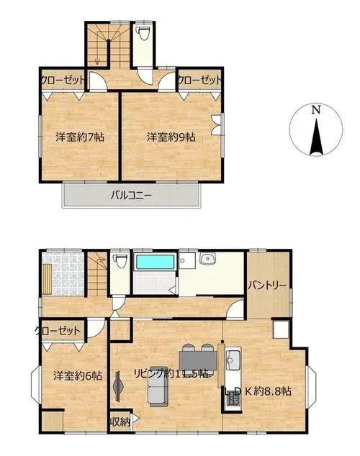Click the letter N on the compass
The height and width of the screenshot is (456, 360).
(316, 110)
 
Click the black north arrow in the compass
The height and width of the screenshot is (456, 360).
(316, 137)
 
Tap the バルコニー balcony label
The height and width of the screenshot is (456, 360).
(131, 195)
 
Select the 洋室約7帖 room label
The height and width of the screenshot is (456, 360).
(80, 137)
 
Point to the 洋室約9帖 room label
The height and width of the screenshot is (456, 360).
(171, 137)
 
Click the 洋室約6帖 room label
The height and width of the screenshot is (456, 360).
(78, 375)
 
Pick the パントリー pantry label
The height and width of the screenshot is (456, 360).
(267, 286)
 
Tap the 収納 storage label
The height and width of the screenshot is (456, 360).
(120, 422)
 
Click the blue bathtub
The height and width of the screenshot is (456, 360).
(156, 262)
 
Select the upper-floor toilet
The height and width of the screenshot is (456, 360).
(143, 33)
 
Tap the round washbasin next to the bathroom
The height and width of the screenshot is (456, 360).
(207, 258)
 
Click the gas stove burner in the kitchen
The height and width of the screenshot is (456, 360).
(233, 401)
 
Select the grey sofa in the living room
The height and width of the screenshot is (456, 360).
(158, 386)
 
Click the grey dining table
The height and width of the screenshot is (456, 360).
(198, 360)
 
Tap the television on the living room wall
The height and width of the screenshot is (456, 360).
(119, 386)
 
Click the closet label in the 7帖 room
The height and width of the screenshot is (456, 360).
(63, 79)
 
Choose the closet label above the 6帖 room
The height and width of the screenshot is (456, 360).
(58, 331)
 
